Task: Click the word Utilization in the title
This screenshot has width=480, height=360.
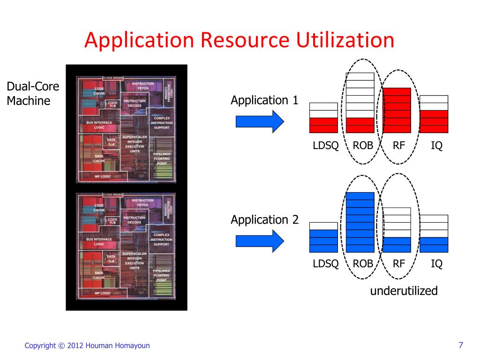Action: (x=345, y=40)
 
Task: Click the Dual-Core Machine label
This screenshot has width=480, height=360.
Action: (x=33, y=93)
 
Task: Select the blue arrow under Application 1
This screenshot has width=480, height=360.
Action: (x=260, y=121)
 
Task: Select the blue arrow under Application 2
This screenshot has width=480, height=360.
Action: (x=260, y=241)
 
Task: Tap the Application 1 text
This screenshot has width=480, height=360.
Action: (x=264, y=100)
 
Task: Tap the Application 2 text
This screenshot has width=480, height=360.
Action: (x=264, y=220)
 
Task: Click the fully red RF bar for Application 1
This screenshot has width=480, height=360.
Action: (x=397, y=110)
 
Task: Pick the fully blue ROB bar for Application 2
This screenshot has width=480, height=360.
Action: (x=360, y=222)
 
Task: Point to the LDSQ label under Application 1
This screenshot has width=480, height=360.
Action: (x=326, y=145)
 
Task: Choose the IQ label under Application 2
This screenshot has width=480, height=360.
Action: (x=436, y=263)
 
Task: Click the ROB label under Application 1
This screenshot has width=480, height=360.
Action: (x=363, y=145)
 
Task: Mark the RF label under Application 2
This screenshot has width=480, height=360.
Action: (x=399, y=263)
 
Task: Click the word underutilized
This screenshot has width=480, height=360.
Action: (x=404, y=291)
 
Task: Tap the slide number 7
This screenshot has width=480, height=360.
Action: (x=461, y=345)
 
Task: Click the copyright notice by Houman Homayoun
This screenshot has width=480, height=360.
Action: (x=87, y=345)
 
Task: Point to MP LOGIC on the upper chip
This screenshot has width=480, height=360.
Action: (x=103, y=176)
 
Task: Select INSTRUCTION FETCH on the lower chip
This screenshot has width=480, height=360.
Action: (x=142, y=202)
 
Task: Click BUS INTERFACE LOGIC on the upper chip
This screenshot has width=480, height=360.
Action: (x=99, y=125)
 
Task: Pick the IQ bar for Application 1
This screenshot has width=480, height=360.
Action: (x=434, y=114)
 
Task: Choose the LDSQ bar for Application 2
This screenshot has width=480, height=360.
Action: (x=323, y=237)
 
